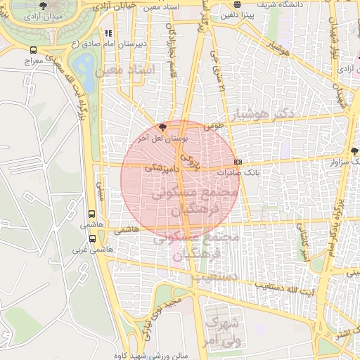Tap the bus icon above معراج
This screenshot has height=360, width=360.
pos(33,51)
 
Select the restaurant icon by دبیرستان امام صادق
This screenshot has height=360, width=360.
pos(107,32)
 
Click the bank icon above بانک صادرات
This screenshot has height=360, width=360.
pos(238,162)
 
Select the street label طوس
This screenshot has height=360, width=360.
pos(213,128)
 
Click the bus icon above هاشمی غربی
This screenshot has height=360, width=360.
pos(92,238)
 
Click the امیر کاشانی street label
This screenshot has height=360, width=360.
pos(302,240)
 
